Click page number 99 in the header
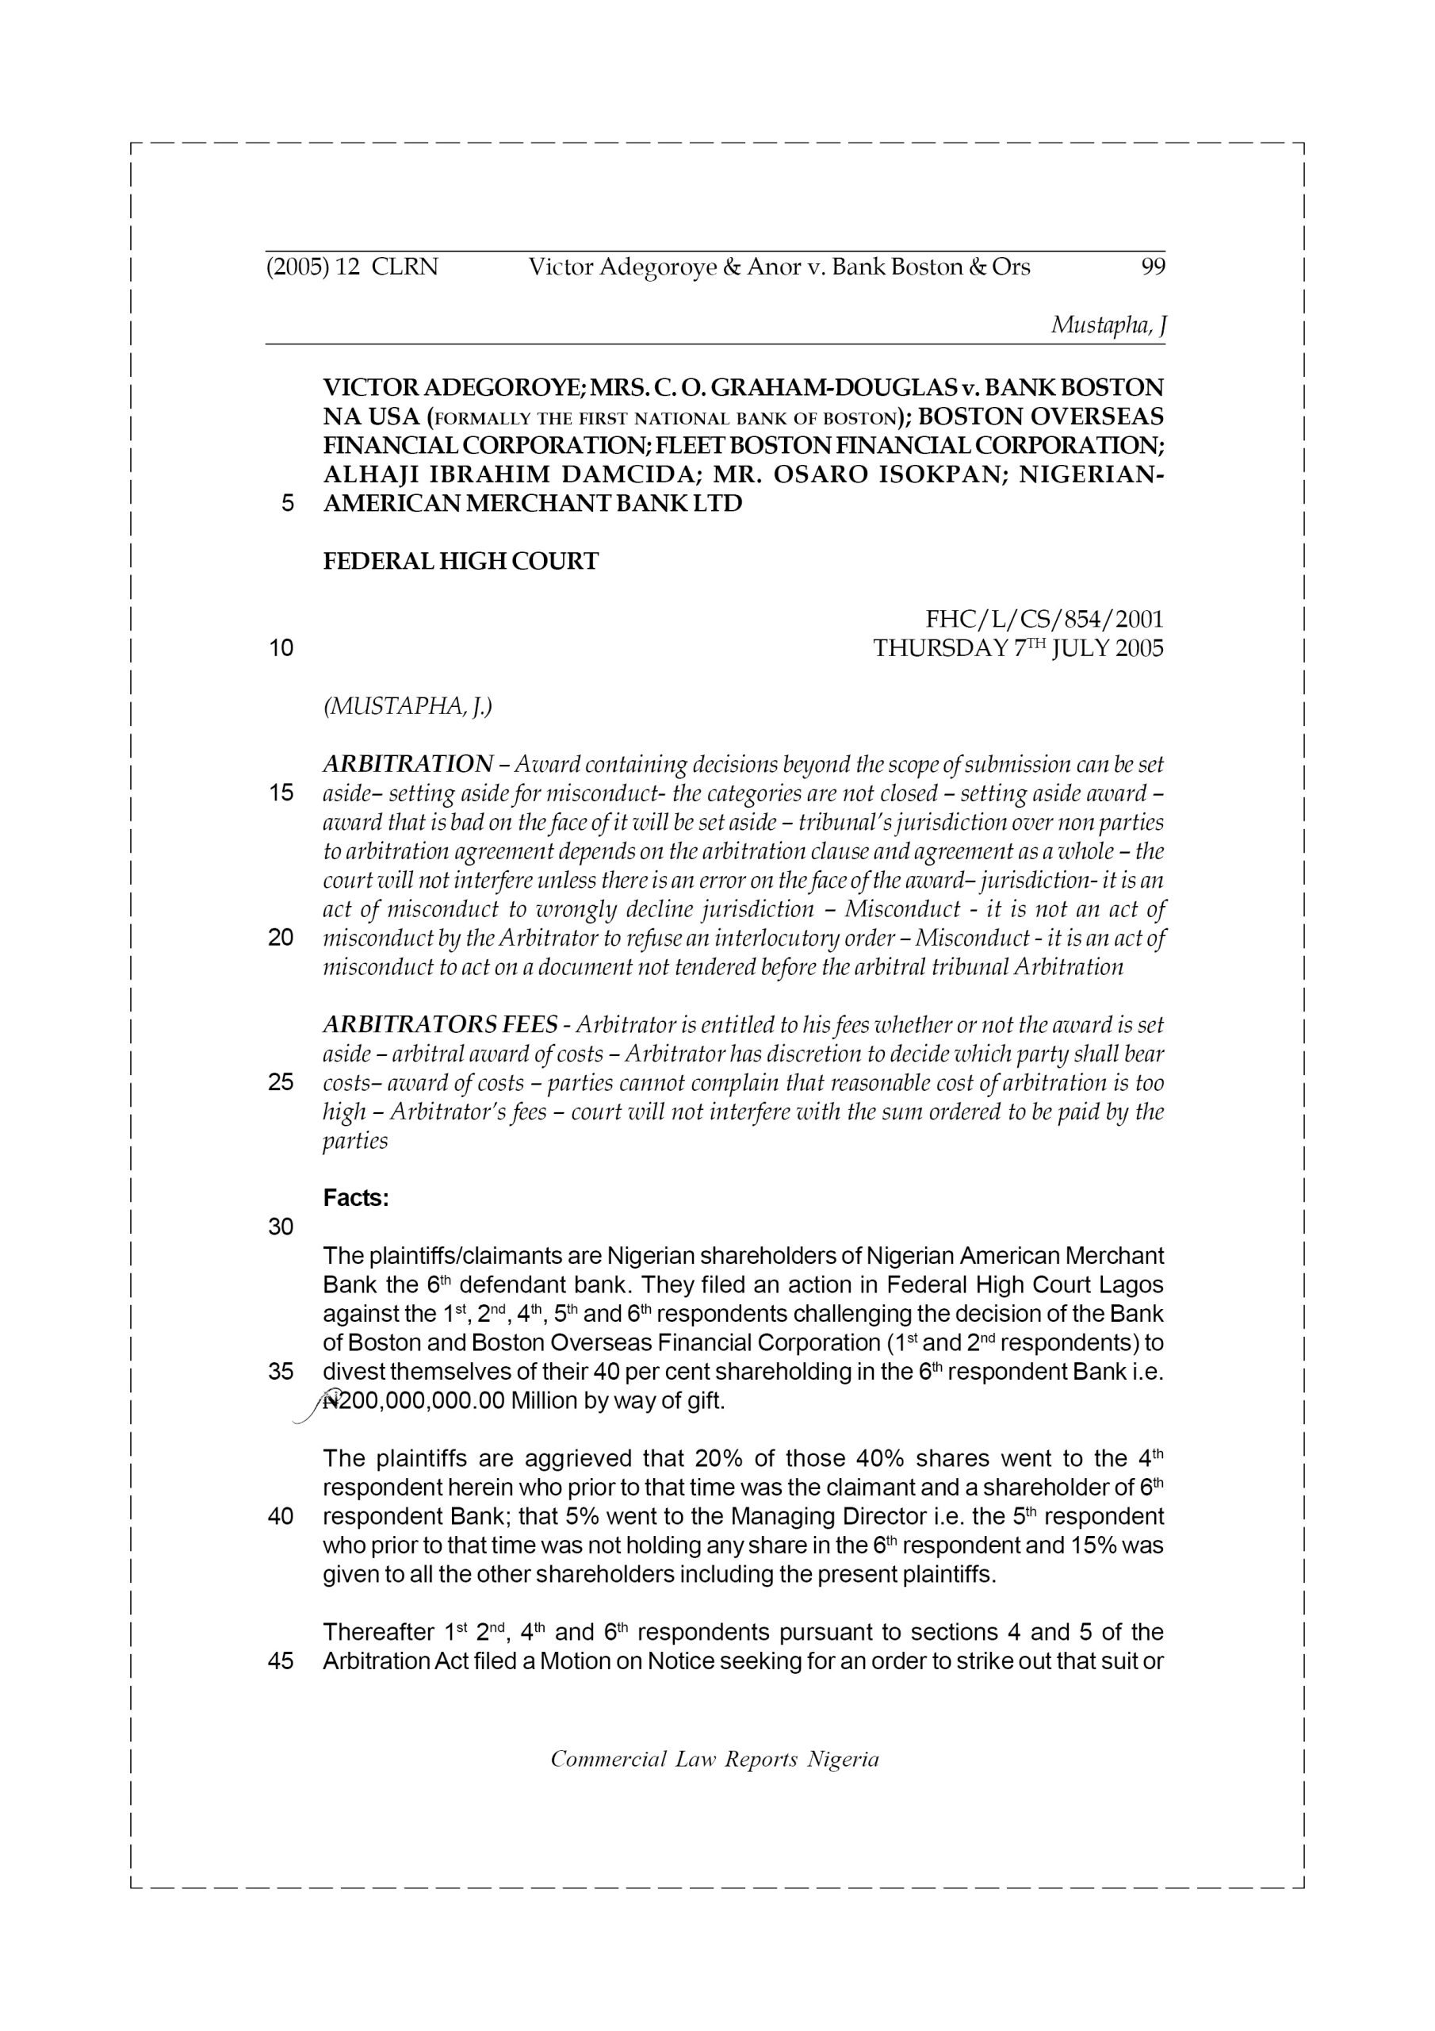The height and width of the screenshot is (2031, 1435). point(1153,267)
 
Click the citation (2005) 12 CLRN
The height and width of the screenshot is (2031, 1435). point(352,267)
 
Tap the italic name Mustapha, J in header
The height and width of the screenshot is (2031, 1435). point(1108,325)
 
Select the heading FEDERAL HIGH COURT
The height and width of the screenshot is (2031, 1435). point(461,562)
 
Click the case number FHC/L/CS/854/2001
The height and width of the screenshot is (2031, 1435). point(1044,619)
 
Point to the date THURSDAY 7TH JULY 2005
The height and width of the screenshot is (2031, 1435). point(1019,648)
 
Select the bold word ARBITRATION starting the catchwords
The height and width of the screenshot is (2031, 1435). point(408,763)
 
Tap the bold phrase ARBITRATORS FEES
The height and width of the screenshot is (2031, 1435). point(440,1025)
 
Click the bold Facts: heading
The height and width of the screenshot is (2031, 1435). point(356,1199)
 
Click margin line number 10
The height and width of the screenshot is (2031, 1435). point(281,648)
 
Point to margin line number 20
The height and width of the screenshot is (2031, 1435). point(281,938)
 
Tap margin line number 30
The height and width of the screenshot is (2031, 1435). point(281,1227)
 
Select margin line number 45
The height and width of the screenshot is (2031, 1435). point(281,1661)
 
